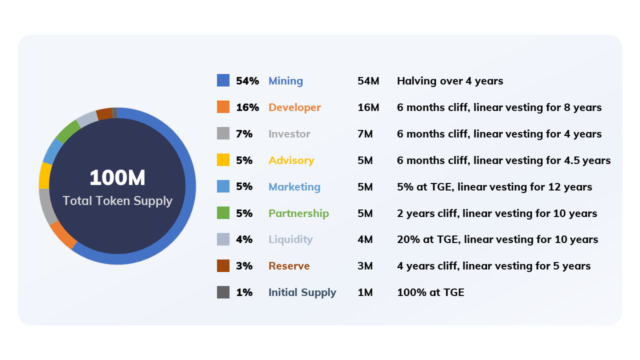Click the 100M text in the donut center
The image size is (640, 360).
point(117,177)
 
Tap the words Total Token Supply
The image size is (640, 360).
point(117,201)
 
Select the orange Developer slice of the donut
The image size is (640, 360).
point(63,235)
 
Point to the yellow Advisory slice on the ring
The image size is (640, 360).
point(44,175)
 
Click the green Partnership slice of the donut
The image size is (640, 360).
point(68,131)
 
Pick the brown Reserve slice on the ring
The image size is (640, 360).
point(104,113)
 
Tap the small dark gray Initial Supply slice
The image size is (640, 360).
point(115,113)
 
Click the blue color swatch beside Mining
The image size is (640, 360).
point(223,80)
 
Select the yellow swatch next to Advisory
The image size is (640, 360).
point(223,159)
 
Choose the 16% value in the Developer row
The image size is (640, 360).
point(247,107)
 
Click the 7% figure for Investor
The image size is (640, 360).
point(244,134)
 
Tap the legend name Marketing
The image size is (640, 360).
point(294,187)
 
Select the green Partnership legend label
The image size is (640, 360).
point(298,213)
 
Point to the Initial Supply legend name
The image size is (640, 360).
point(302,292)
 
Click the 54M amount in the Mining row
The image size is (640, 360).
point(368,81)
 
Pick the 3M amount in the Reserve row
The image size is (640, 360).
point(365,266)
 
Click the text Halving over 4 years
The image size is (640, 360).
point(450,81)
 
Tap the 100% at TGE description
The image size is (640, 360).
point(430,292)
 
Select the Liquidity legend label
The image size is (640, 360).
point(290,239)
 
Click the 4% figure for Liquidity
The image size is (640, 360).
point(244,239)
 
